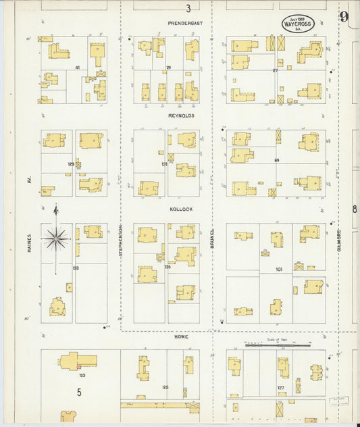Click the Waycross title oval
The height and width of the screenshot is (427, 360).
(297, 24)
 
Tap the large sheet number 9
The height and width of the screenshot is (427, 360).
(344, 17)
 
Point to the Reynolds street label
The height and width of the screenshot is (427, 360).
(182, 116)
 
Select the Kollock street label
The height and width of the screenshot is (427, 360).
(182, 209)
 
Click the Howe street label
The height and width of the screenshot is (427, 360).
(181, 336)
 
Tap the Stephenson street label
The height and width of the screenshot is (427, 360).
(121, 239)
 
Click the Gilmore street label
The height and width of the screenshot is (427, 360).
(338, 241)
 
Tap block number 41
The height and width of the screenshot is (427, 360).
(78, 68)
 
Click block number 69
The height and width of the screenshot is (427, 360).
(276, 160)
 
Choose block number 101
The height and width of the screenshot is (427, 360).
(278, 270)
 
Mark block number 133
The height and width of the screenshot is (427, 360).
(76, 268)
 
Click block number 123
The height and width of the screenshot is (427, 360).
(82, 375)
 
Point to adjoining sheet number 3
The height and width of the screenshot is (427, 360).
(188, 9)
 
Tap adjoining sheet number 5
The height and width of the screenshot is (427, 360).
(78, 391)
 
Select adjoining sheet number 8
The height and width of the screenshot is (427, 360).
(354, 209)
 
